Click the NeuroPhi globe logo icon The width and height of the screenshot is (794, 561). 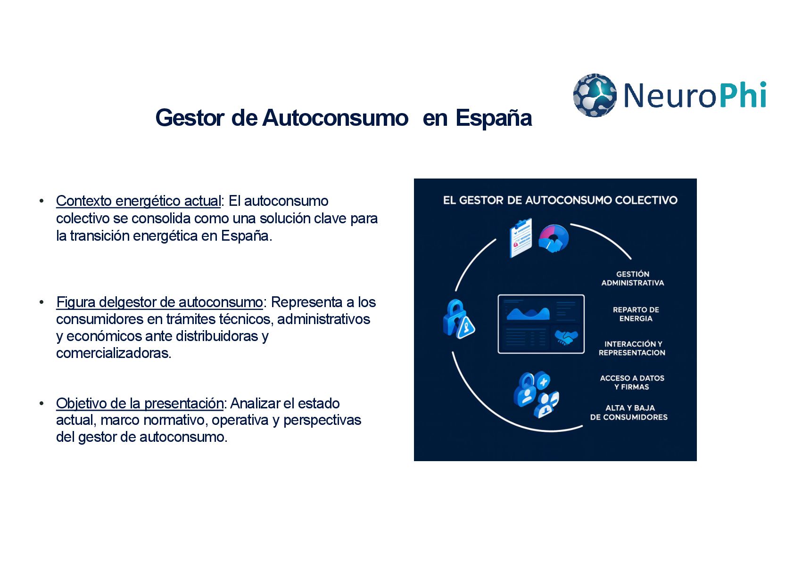(x=594, y=95)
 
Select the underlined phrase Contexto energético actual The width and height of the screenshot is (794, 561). (x=138, y=201)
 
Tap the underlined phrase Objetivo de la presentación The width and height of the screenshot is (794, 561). (x=140, y=404)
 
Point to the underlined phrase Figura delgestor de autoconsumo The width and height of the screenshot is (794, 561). (x=159, y=302)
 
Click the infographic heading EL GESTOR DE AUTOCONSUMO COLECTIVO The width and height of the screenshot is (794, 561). (x=560, y=200)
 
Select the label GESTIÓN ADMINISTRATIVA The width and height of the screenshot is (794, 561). (x=632, y=278)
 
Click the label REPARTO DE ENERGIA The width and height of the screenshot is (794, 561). (x=636, y=314)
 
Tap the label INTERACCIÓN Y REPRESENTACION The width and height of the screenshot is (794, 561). (x=632, y=348)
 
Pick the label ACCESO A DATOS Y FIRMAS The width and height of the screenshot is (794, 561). (x=632, y=382)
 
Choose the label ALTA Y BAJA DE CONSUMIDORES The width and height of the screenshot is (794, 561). (x=629, y=413)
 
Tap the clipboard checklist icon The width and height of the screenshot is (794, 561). (x=521, y=237)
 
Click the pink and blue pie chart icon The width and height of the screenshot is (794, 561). (x=554, y=238)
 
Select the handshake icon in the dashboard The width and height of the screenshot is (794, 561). (x=566, y=337)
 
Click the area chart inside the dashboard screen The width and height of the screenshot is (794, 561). (x=528, y=313)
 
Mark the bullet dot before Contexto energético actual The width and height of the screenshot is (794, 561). (x=42, y=201)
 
